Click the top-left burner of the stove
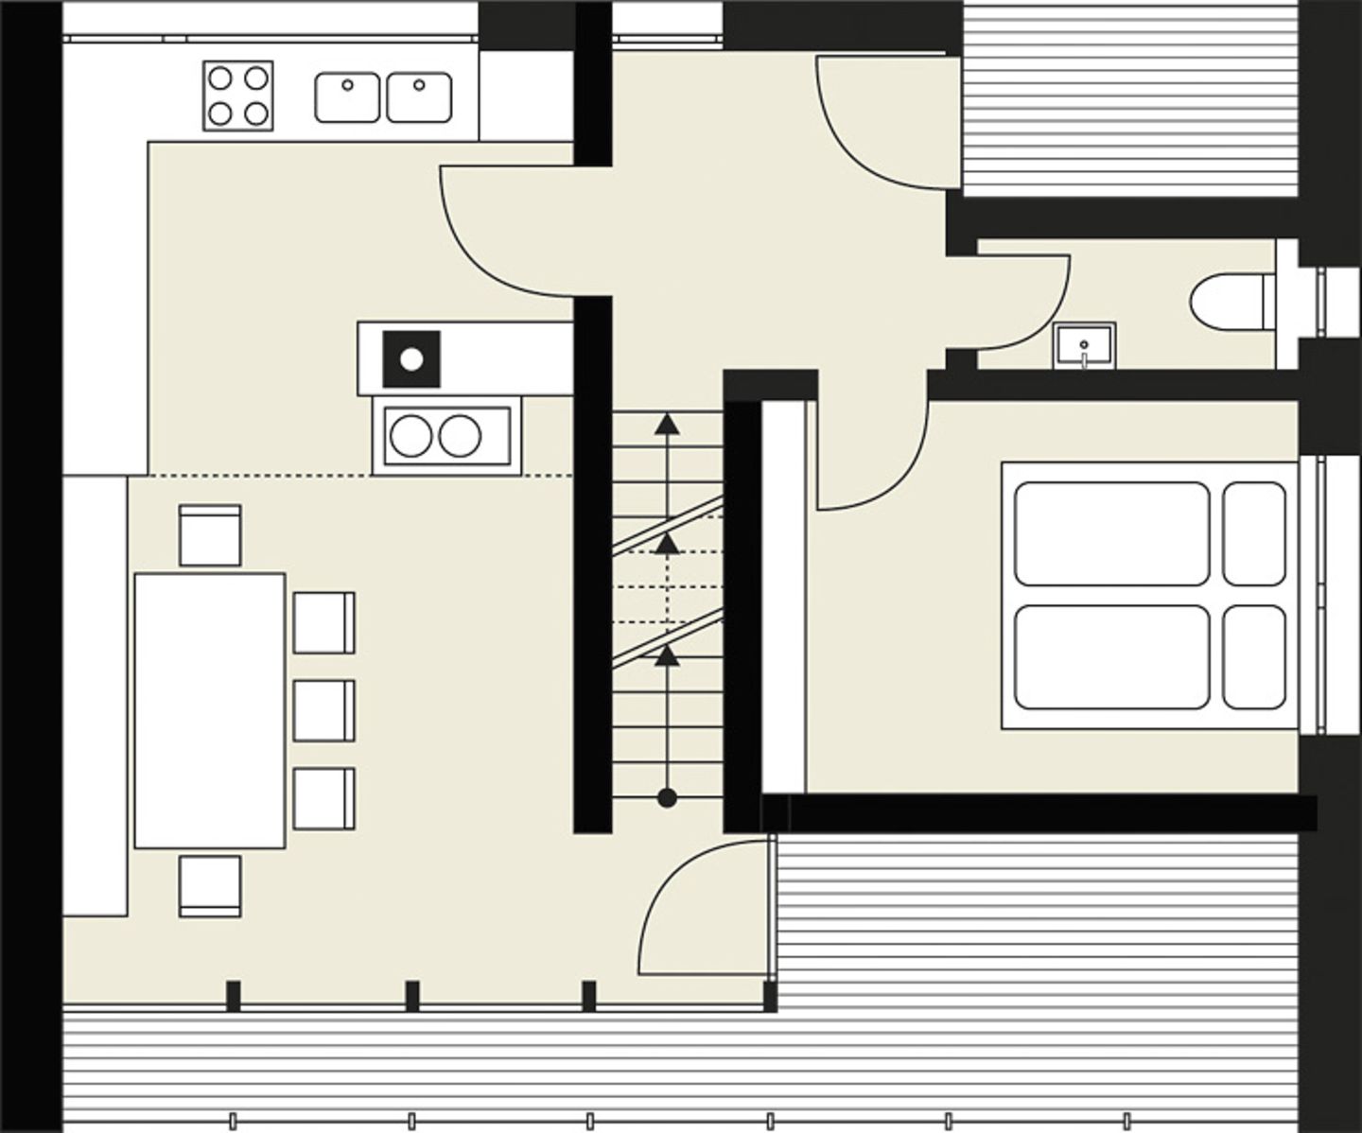point(220,78)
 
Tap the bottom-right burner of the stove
point(256,113)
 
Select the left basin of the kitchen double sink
point(347,97)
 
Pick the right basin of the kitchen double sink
point(419,97)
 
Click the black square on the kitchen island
point(411,358)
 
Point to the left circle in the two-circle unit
point(411,436)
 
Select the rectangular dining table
point(209,710)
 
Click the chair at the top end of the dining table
point(210,535)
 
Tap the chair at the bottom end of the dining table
point(210,886)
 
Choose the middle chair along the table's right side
point(323,710)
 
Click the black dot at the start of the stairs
point(667,798)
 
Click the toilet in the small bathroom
point(1230,303)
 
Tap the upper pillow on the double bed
point(1254,533)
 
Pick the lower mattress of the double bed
point(1112,657)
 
